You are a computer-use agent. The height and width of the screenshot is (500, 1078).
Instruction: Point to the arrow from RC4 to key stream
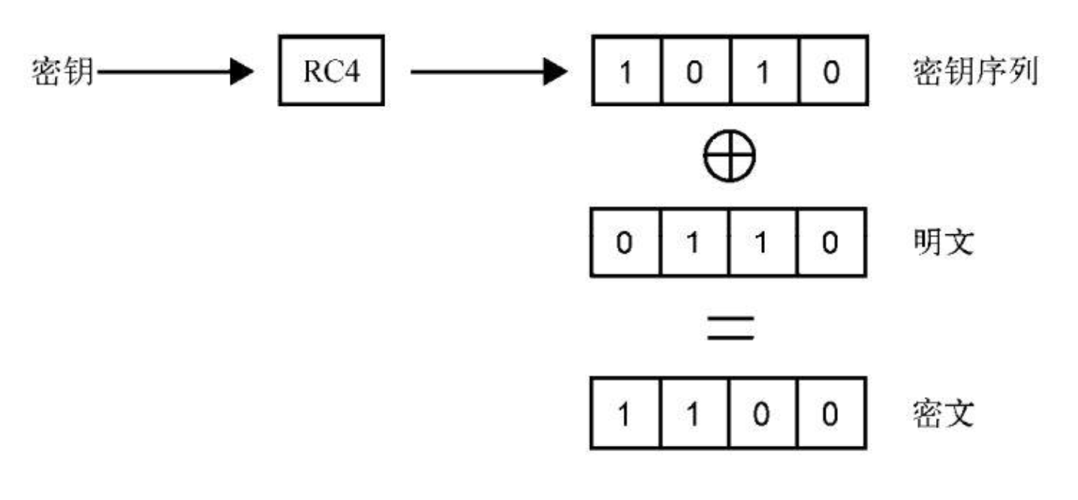tap(488, 73)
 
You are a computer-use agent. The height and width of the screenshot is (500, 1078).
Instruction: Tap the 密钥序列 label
tap(974, 73)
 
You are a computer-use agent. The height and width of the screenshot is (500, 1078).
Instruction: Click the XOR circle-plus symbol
tap(729, 158)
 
